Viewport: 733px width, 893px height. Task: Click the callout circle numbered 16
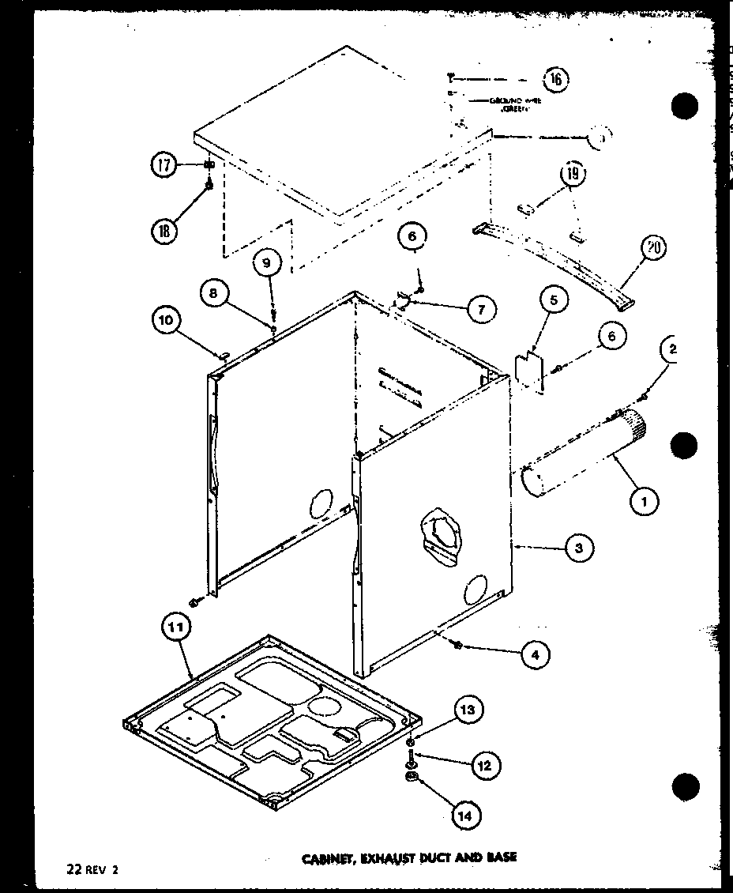coord(555,78)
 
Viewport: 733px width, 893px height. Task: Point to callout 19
coord(573,174)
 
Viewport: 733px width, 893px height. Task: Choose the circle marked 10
coord(167,320)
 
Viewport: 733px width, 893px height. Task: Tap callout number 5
coord(554,301)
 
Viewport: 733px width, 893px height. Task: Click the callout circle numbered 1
coord(645,499)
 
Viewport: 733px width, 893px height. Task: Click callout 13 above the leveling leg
coord(468,711)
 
